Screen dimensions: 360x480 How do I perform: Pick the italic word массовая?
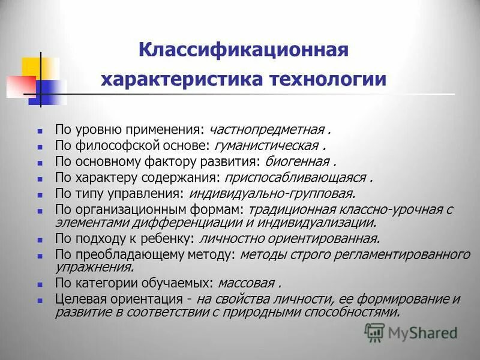click(x=247, y=283)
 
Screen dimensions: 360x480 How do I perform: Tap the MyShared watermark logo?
click(x=411, y=332)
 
